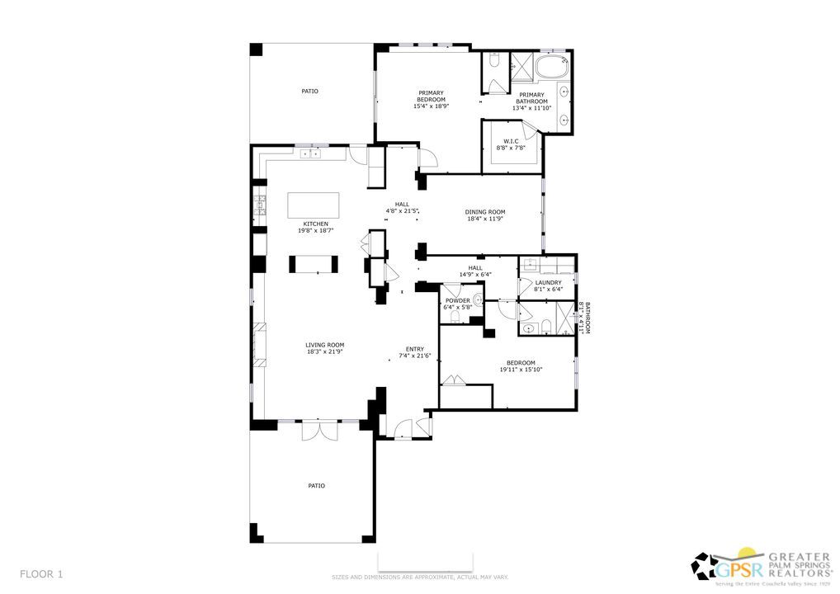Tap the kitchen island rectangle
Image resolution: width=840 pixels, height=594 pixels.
pos(313,204)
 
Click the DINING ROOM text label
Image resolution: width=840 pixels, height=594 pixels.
pos(485,212)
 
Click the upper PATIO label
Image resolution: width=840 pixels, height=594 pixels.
pos(309,91)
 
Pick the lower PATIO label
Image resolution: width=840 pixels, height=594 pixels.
pos(316,486)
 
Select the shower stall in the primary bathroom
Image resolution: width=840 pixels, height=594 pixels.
pos(521,64)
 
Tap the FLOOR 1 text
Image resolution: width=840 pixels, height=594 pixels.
pos(41,573)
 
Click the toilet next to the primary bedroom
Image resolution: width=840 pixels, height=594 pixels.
pos(493,61)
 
